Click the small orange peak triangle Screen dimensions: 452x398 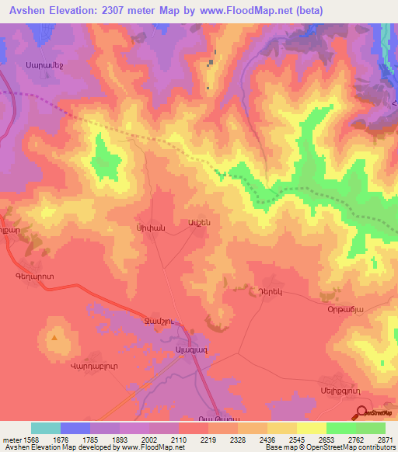point(54,338)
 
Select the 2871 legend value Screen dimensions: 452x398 point(385,440)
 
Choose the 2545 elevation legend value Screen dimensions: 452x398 point(296,440)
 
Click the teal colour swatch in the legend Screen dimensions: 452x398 point(46,428)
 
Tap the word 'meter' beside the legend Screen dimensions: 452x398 point(12,440)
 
